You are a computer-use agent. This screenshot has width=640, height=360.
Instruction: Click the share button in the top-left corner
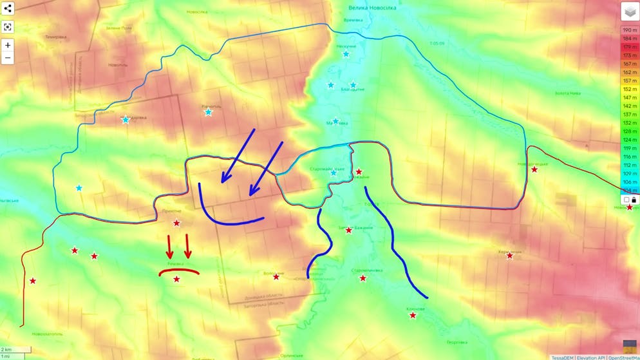8,9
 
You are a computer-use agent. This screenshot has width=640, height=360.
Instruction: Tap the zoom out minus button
8,58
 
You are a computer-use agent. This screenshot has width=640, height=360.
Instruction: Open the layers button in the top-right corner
630,12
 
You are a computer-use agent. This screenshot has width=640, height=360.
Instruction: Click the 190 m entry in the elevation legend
629,30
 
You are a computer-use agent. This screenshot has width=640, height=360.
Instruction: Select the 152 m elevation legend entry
629,89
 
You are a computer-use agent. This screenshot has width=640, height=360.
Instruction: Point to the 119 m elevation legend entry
629,148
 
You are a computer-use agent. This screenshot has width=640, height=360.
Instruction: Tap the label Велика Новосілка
372,8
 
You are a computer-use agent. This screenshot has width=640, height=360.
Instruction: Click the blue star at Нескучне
346,54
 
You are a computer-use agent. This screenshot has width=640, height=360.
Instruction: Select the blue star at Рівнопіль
208,112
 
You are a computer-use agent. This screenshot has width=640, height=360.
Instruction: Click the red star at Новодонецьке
534,169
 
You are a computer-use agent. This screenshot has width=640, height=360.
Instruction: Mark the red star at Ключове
413,316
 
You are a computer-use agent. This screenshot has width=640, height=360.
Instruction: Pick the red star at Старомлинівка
362,278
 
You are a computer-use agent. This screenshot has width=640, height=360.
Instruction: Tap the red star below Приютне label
176,223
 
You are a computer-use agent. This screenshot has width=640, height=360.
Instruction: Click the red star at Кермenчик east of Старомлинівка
509,256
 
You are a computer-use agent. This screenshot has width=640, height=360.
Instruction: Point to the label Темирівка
56,37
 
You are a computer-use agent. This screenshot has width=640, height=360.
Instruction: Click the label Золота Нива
567,93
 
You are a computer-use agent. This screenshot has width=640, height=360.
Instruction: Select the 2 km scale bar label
6,350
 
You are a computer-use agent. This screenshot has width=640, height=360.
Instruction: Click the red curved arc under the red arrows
179,271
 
